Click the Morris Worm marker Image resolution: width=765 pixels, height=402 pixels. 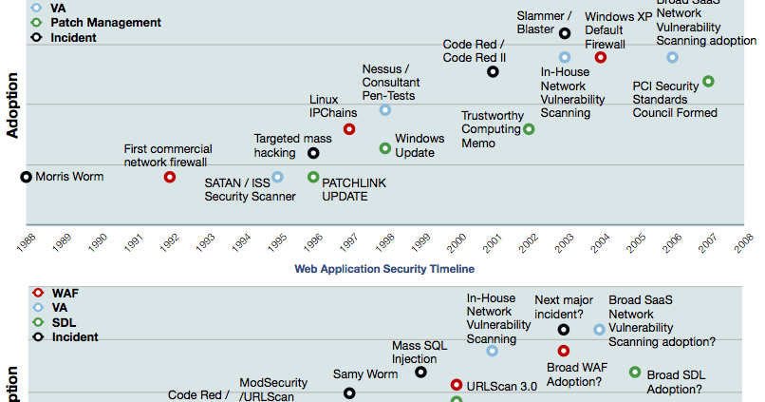tap(27, 177)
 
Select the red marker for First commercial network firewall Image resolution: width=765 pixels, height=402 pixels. tap(170, 177)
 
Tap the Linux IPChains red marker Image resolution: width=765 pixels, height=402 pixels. tap(349, 128)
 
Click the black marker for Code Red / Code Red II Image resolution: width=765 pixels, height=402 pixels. tap(493, 71)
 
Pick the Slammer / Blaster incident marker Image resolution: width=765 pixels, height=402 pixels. tap(565, 33)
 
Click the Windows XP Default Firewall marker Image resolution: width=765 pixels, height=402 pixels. tap(601, 57)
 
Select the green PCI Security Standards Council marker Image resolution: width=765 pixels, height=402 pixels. tap(708, 82)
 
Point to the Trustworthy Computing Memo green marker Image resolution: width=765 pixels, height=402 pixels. tap(529, 128)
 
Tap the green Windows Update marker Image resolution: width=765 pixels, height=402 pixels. tap(385, 148)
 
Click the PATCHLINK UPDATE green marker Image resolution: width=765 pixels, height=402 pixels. tap(313, 177)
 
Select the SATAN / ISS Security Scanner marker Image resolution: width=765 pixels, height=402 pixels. tap(277, 177)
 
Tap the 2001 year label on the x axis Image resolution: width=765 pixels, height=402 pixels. tap(492, 242)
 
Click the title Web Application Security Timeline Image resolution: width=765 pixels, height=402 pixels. tap(383, 270)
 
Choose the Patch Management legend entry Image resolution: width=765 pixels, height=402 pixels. tap(105, 22)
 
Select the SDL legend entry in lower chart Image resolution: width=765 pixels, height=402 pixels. tap(63, 322)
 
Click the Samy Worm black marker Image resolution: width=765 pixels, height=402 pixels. tap(349, 392)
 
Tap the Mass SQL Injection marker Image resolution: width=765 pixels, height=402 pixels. tap(420, 372)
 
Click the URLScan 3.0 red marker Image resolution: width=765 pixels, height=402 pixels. tap(457, 385)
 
